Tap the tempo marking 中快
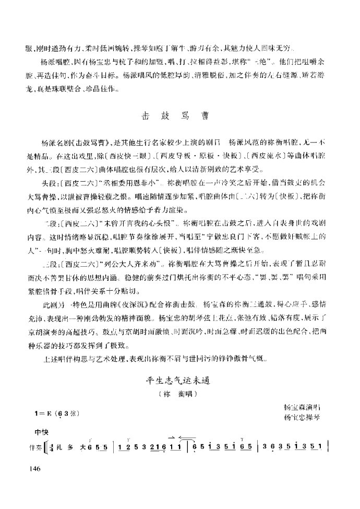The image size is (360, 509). coord(40,433)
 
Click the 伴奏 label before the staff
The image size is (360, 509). coord(34,447)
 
